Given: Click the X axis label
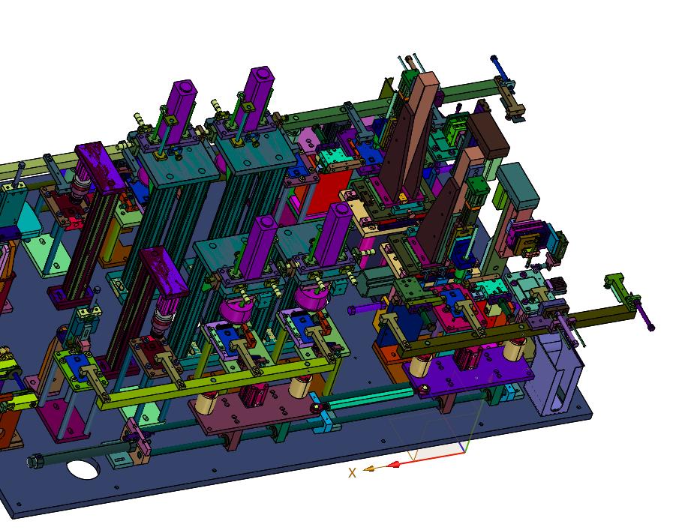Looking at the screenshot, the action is coord(352,473).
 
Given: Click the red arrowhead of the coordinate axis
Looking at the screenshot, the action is coord(393,465).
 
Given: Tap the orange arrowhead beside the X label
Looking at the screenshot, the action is coord(368,469).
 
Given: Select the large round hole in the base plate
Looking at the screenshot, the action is coord(83,469).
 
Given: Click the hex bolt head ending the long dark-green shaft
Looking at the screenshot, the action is coord(35,461).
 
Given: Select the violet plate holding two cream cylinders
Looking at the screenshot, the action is coord(469,371).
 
